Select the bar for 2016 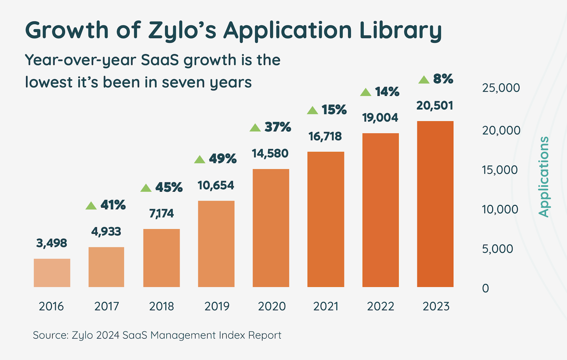[x=52, y=273]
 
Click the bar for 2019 [x=216, y=244]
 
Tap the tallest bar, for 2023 [x=435, y=204]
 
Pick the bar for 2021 [x=326, y=219]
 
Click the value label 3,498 [x=52, y=243]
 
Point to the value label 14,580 [x=270, y=154]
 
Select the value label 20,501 [x=435, y=106]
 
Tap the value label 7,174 [x=161, y=214]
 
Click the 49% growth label [x=223, y=159]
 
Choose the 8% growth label [x=443, y=79]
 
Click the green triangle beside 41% [x=91, y=206]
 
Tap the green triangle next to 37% [x=255, y=128]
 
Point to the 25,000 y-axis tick [x=501, y=88]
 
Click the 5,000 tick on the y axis [x=497, y=249]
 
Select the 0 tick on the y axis [x=485, y=288]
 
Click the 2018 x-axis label [x=161, y=306]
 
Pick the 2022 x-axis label [x=380, y=306]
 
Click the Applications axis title [x=544, y=176]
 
